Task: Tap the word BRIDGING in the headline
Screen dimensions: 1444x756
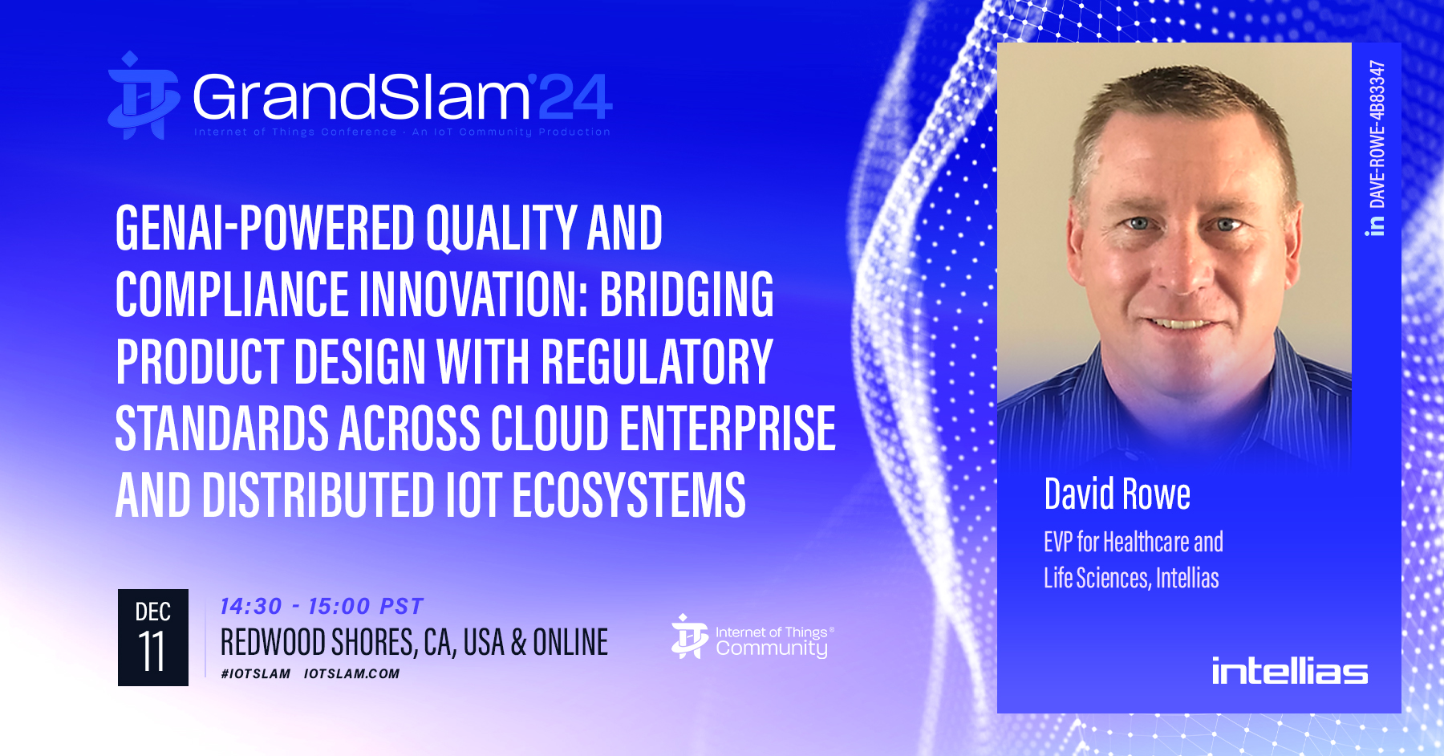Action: click(x=687, y=295)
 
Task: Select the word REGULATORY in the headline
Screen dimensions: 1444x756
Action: click(x=657, y=362)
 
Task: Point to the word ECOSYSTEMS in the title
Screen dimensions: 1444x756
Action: click(x=629, y=495)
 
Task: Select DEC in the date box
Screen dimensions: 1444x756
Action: click(x=152, y=612)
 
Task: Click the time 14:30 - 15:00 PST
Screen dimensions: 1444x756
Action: click(x=322, y=606)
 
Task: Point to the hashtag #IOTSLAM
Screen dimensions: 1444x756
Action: click(x=256, y=673)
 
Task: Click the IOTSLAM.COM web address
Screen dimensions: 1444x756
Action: click(x=351, y=673)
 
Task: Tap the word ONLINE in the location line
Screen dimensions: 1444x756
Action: click(x=570, y=642)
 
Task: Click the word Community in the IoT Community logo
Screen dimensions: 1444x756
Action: click(x=772, y=648)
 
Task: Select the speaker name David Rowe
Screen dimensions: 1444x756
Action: click(x=1117, y=494)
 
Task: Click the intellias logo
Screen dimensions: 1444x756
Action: click(x=1289, y=670)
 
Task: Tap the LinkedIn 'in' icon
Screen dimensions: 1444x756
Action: click(x=1377, y=226)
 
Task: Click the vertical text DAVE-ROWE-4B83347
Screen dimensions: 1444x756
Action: click(x=1377, y=134)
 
